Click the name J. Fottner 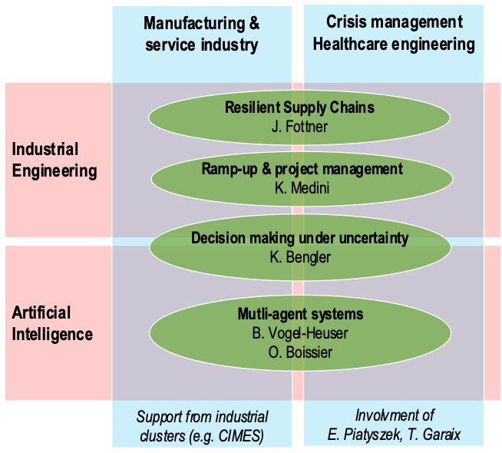point(299,127)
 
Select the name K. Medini point(302,188)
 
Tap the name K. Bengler point(300,257)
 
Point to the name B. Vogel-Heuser point(300,333)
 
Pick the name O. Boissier point(300,352)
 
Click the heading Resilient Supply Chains point(299,107)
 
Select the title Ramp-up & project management point(302,169)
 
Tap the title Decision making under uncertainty point(300,238)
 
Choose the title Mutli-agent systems point(300,314)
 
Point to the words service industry point(202,45)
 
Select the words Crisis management point(395,22)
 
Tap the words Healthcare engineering point(394,44)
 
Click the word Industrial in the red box point(45,149)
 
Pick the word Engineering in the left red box point(54,170)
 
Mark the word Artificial point(41,312)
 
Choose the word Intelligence point(52,334)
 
